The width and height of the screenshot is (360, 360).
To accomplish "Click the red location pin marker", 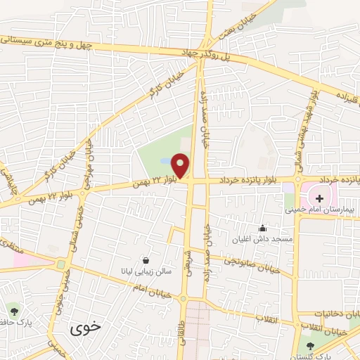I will [181, 165].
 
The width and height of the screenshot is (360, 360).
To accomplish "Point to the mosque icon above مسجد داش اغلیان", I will [262, 228].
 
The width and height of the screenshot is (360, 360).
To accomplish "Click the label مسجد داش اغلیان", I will [263, 239].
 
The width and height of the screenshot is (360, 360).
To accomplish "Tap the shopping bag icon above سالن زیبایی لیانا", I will [146, 259].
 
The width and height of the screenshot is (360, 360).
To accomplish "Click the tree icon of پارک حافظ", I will [13, 309].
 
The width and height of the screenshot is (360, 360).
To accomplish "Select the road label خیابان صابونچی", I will [254, 264].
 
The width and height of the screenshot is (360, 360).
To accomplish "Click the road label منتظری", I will [10, 245].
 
